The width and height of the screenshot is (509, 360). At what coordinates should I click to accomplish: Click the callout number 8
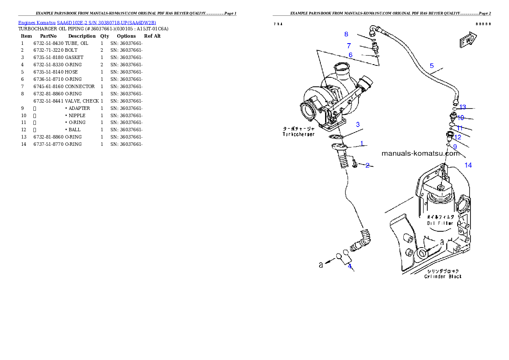pyautogui.click(x=346, y=34)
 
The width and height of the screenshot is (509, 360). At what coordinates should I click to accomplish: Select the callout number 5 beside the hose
pyautogui.click(x=432, y=65)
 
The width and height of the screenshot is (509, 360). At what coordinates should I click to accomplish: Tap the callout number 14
pyautogui.click(x=468, y=165)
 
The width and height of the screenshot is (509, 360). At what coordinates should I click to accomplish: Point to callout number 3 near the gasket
pyautogui.click(x=358, y=124)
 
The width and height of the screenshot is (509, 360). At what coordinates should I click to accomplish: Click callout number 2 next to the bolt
pyautogui.click(x=367, y=165)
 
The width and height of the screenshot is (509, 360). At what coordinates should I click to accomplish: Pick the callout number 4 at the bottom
pyautogui.click(x=349, y=266)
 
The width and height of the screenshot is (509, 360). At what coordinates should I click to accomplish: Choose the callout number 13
pyautogui.click(x=462, y=107)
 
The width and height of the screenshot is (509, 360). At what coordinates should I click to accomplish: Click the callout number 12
pyautogui.click(x=458, y=137)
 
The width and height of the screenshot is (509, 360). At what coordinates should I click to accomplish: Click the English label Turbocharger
pyautogui.click(x=299, y=134)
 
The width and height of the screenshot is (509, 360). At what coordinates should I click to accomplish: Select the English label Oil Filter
pyautogui.click(x=440, y=223)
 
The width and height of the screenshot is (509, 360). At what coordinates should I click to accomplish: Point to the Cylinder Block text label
pyautogui.click(x=443, y=277)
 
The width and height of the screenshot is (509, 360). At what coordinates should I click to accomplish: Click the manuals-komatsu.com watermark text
pyautogui.click(x=420, y=153)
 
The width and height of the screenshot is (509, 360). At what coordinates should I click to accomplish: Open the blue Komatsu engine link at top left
pyautogui.click(x=87, y=22)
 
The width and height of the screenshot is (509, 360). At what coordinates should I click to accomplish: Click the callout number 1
pyautogui.click(x=361, y=144)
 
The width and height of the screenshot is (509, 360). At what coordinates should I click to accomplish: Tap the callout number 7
pyautogui.click(x=349, y=45)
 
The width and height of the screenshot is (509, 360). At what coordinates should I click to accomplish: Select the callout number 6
pyautogui.click(x=350, y=55)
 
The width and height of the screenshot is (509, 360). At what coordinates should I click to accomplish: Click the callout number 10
pyautogui.click(x=461, y=118)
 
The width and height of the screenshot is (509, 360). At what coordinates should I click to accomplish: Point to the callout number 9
pyautogui.click(x=455, y=146)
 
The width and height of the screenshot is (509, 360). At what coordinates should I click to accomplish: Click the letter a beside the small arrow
pyautogui.click(x=321, y=265)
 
